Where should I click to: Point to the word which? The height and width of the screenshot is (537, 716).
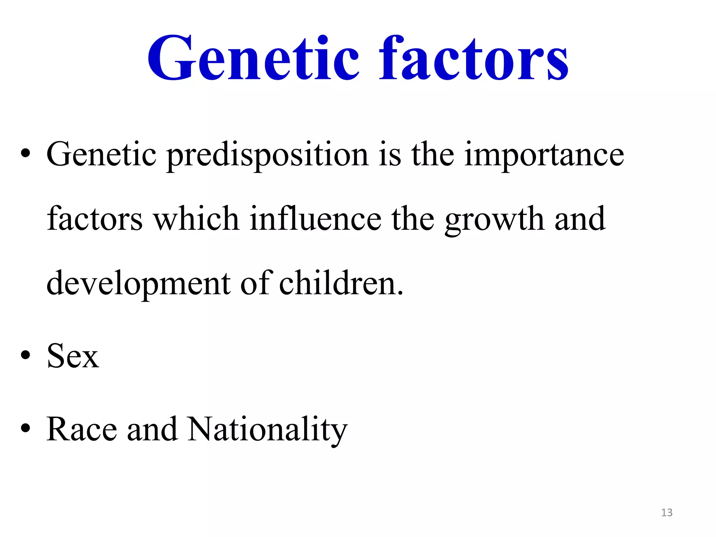[x=196, y=219]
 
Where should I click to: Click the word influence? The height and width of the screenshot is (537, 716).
[x=315, y=219]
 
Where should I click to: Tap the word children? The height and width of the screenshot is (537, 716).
[x=341, y=283]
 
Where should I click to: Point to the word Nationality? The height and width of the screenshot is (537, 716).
[x=267, y=430]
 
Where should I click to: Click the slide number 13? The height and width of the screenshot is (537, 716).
[x=667, y=513]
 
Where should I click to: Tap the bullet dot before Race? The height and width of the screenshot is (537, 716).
[x=26, y=428]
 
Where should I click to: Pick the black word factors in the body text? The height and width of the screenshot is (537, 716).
[x=95, y=219]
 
